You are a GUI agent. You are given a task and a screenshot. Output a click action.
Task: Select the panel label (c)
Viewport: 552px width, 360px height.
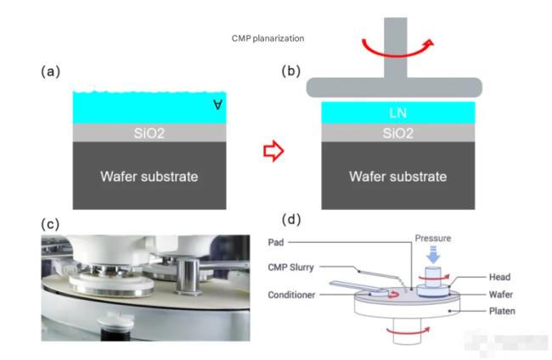(x=51, y=223)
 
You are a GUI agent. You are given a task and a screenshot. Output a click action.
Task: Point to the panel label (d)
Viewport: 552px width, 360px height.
(x=291, y=222)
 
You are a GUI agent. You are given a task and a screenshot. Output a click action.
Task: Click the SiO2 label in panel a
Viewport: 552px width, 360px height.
(x=149, y=132)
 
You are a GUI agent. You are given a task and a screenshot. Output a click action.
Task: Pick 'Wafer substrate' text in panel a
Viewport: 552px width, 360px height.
(x=149, y=177)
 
